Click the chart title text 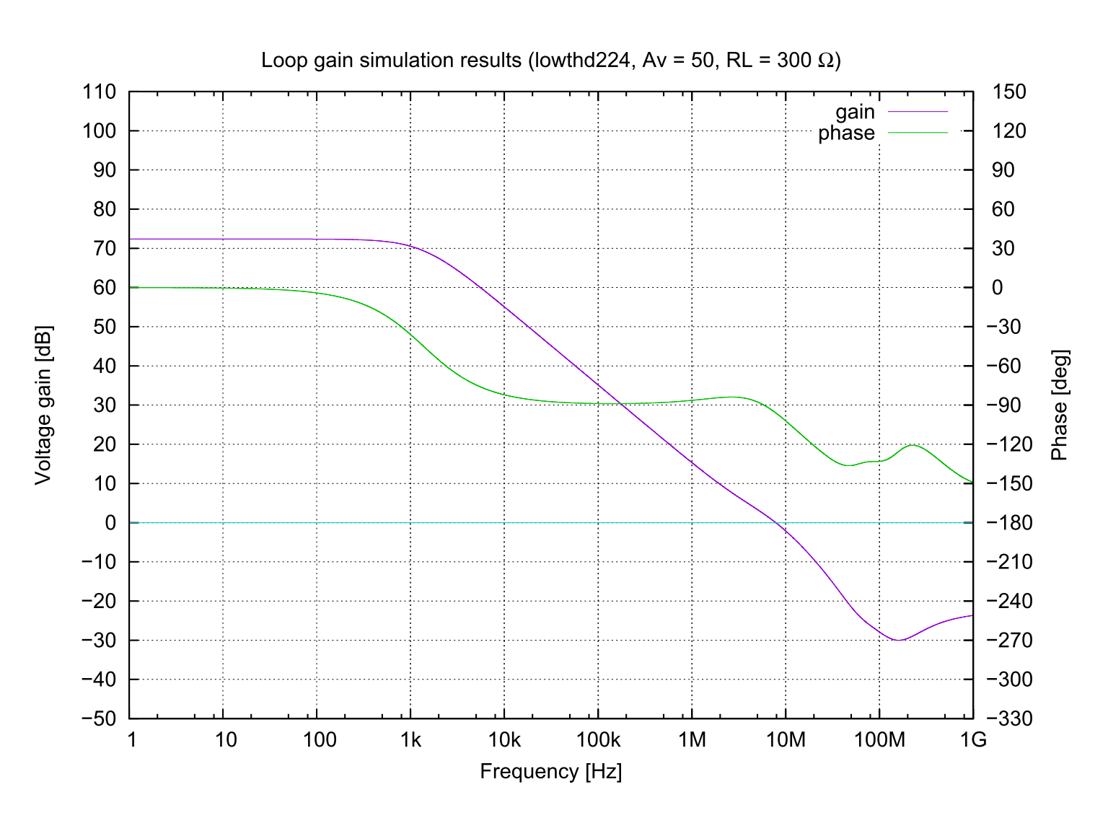(x=551, y=60)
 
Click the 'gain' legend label (x=855, y=113)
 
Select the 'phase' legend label (x=846, y=133)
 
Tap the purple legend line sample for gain (x=918, y=112)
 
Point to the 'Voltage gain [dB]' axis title (x=43, y=405)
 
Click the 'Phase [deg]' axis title (x=1059, y=405)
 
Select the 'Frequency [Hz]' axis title (x=551, y=771)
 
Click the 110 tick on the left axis (x=100, y=92)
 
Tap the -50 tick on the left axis (x=99, y=718)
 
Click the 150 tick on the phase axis (x=1009, y=92)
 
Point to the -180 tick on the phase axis (x=1012, y=522)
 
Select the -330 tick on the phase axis (x=1012, y=718)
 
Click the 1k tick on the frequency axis (x=410, y=740)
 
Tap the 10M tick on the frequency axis (x=786, y=740)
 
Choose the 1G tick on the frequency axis (x=973, y=740)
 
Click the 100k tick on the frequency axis (x=598, y=740)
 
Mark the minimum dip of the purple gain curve (x=898, y=640)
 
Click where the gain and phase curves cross (x=620, y=404)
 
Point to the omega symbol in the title (x=826, y=61)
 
